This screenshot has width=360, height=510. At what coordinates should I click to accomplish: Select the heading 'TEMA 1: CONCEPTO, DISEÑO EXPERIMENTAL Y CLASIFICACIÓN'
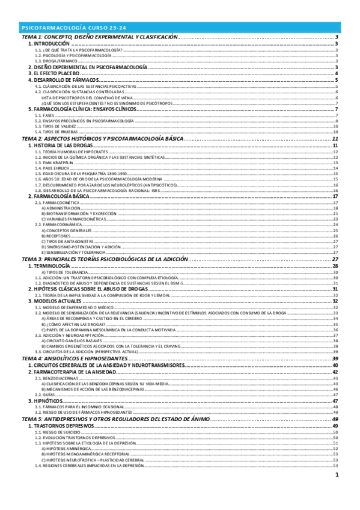point(100,37)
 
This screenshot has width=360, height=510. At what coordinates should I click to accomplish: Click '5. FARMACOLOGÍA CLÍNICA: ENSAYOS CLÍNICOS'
point(84,109)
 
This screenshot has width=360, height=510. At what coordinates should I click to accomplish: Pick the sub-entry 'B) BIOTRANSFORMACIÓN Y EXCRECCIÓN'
point(74,214)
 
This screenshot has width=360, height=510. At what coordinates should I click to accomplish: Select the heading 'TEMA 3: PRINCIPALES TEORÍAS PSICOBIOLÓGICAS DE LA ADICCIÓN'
point(105,259)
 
